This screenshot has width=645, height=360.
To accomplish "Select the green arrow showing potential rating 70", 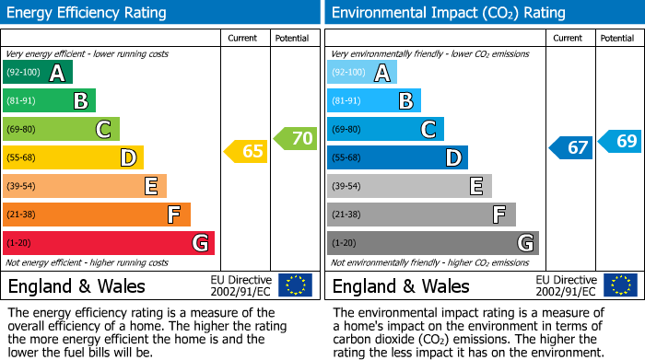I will point(295,139).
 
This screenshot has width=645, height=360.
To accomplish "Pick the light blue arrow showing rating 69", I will point(620,142).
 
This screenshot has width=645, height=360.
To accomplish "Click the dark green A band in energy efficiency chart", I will point(38,73).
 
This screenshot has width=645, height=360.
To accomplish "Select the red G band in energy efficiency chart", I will point(109,243).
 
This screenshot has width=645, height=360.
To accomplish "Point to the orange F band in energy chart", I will point(97,215).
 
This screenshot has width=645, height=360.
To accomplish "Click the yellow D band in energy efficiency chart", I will point(73,157).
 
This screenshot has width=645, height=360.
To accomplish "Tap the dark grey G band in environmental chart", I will point(432,243).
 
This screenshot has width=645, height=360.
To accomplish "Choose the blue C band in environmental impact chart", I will point(385,129).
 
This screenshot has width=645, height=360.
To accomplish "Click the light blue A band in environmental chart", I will point(362,73).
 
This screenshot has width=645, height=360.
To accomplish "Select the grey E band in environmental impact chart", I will point(409,186).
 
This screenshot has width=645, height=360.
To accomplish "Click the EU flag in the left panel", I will point(295,285).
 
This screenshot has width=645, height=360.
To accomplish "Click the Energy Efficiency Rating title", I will point(88,13).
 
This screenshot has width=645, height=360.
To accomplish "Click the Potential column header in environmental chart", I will point(617,38).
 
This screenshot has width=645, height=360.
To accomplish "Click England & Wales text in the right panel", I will point(401,286).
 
